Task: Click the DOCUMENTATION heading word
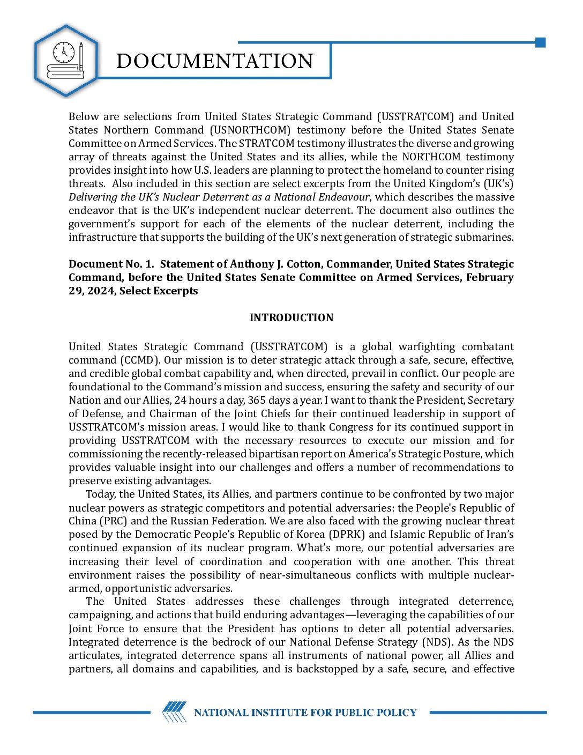coord(215,61)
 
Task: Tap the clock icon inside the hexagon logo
coord(64,53)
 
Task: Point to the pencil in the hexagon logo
coord(80,57)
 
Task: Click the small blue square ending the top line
coord(540,42)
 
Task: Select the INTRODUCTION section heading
coord(291,318)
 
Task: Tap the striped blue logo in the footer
coord(175,712)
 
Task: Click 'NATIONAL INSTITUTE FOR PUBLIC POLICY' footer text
coord(305,713)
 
